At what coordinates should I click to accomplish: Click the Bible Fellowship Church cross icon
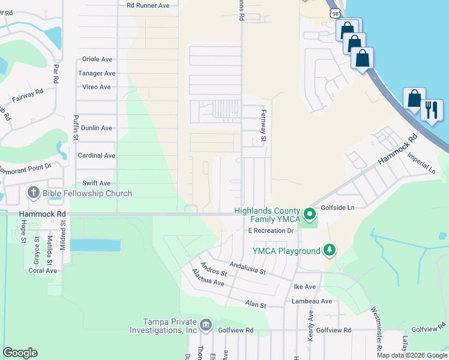[x=34, y=193]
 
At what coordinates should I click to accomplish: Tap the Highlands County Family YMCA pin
[x=309, y=214]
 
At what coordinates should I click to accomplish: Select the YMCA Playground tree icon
[x=328, y=249]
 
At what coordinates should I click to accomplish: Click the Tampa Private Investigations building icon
[x=205, y=325]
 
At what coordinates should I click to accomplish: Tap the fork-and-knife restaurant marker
[x=431, y=110]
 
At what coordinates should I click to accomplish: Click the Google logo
[x=20, y=353]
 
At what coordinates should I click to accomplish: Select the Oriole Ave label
[x=98, y=60]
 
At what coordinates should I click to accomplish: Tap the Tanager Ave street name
[x=97, y=73]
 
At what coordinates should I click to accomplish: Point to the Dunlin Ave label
[x=97, y=128]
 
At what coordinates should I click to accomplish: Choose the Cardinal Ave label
[x=97, y=155]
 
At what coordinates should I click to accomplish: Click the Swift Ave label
[x=97, y=183]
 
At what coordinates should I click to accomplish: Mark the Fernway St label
[x=262, y=126]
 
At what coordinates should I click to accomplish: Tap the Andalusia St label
[x=248, y=269]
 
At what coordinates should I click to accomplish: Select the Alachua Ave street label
[x=208, y=277]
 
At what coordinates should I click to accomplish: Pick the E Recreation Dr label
[x=270, y=230]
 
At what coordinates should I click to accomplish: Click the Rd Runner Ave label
[x=152, y=5]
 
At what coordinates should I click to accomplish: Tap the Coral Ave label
[x=43, y=271]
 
